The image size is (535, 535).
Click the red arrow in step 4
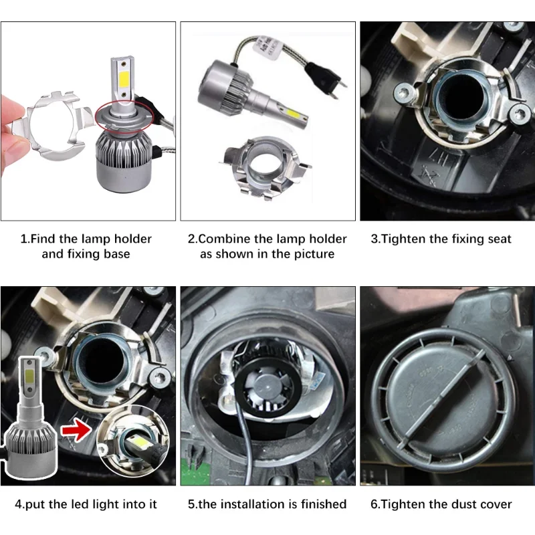pyautogui.click(x=76, y=429)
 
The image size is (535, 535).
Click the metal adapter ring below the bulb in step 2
pyautogui.click(x=265, y=167)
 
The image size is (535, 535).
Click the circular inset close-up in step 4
pyautogui.click(x=132, y=441)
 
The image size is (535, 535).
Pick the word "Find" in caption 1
pyautogui.click(x=43, y=239)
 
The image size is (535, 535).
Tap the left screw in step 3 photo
pyautogui.click(x=405, y=92)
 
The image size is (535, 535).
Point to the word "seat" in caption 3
pyautogui.click(x=500, y=239)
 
